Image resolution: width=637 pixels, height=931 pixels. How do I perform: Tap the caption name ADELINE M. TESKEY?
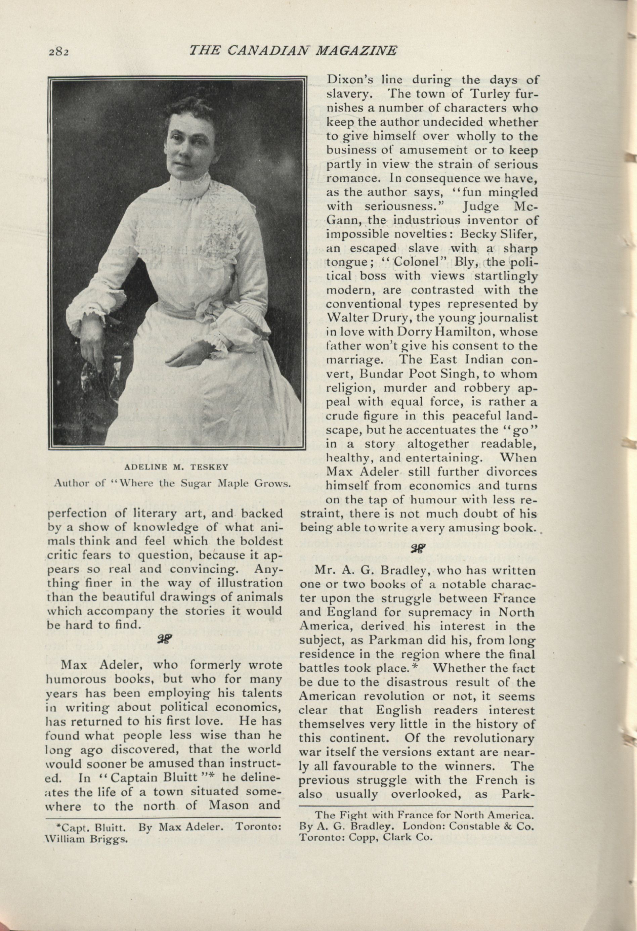tap(176, 467)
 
